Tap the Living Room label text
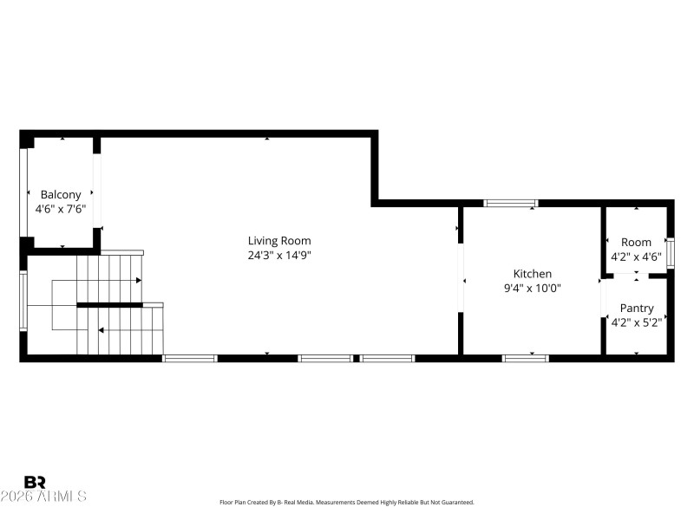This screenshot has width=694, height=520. pyautogui.click(x=279, y=241)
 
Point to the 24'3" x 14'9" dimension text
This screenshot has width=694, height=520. pyautogui.click(x=279, y=255)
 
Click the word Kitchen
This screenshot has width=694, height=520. pyautogui.click(x=532, y=274)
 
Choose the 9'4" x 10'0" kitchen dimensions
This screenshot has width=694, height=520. pyautogui.click(x=532, y=288)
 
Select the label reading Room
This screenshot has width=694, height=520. pyautogui.click(x=636, y=243)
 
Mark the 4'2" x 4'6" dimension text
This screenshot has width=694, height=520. pyautogui.click(x=636, y=257)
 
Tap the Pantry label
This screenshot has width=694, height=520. pyautogui.click(x=636, y=308)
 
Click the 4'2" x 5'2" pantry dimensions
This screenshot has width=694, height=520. pyautogui.click(x=636, y=322)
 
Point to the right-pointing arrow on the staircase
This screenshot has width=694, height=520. pyautogui.click(x=138, y=280)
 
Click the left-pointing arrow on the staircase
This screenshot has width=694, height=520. pyautogui.click(x=102, y=330)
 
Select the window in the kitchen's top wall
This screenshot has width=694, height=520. pyautogui.click(x=511, y=204)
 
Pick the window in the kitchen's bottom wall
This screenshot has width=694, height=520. pyautogui.click(x=526, y=358)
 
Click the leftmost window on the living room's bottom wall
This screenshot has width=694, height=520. pyautogui.click(x=189, y=358)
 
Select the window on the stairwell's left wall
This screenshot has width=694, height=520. pyautogui.click(x=23, y=301)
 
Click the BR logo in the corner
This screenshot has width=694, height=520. pyautogui.click(x=36, y=482)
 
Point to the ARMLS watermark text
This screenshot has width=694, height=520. pyautogui.click(x=43, y=497)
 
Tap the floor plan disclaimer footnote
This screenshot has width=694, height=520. pyautogui.click(x=347, y=502)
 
